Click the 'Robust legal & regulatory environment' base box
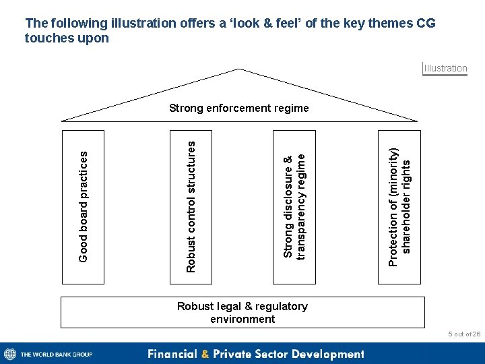[243, 312]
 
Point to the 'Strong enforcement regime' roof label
[239, 108]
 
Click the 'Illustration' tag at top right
[445, 68]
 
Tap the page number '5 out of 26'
[464, 334]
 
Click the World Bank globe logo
[10, 354]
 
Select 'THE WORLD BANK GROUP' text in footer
[57, 355]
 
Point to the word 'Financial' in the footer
[173, 354]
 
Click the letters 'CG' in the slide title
[423, 24]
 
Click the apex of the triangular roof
[239, 69]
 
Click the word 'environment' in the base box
[243, 319]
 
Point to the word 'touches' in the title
[48, 38]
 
